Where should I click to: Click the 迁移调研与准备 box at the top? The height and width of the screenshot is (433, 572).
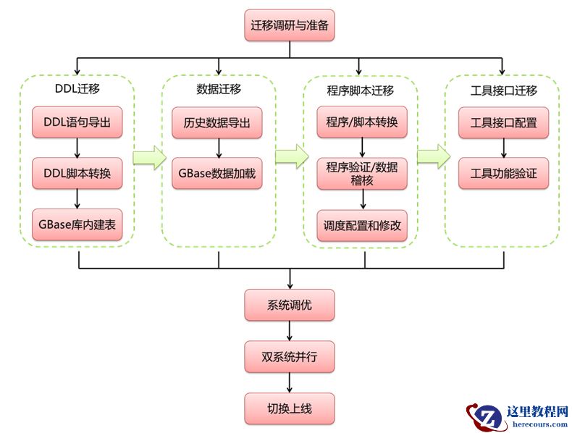point(290,25)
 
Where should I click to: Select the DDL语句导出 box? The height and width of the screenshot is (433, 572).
point(77,122)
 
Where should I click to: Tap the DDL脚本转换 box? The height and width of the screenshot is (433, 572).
point(77,174)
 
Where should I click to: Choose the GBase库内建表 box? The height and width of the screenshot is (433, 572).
point(77,224)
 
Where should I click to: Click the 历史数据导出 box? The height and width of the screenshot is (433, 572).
point(217,122)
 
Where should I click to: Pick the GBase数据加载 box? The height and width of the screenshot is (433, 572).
point(217,174)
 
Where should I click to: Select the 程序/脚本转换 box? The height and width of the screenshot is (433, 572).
point(362,122)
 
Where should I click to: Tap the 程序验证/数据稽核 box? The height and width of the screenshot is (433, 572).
point(362,174)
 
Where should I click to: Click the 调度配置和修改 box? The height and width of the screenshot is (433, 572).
point(362,225)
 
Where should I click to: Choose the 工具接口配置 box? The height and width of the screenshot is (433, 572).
point(504,122)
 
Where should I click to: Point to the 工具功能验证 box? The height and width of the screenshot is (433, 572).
point(504,174)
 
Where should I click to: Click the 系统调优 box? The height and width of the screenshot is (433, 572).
point(290,305)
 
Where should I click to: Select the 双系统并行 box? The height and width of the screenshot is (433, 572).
point(290,356)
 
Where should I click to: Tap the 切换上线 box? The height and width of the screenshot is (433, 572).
point(290,408)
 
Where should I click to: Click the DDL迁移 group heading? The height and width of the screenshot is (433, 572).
point(77,90)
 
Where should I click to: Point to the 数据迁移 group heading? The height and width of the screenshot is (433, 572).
point(219,90)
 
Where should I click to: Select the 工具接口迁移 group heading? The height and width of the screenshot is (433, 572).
point(504,91)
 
